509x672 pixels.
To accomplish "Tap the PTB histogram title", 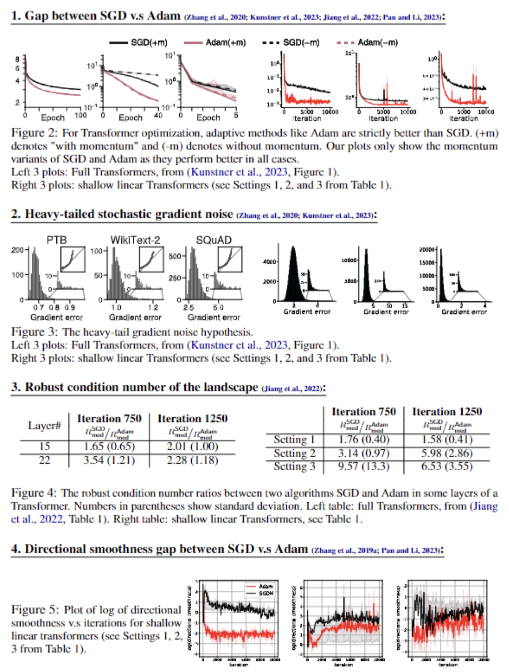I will pyautogui.click(x=57, y=240).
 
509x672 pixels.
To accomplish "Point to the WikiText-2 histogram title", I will pyautogui.click(x=135, y=240).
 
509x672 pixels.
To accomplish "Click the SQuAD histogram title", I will pyautogui.click(x=214, y=240).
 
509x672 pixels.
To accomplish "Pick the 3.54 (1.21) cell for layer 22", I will pyautogui.click(x=109, y=460).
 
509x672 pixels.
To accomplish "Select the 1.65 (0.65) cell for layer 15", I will pyautogui.click(x=109, y=446).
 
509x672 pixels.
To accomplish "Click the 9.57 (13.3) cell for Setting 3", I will pyautogui.click(x=364, y=467).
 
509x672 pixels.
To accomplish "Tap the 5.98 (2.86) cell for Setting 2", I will pyautogui.click(x=447, y=453).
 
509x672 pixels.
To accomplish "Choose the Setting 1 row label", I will pyautogui.click(x=294, y=440).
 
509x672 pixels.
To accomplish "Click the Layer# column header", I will pyautogui.click(x=45, y=425).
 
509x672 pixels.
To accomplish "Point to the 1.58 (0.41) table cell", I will pyautogui.click(x=447, y=440).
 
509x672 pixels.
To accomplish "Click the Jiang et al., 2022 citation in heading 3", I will pyautogui.click(x=293, y=388).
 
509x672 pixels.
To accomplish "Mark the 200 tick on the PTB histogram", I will pyautogui.click(x=17, y=250).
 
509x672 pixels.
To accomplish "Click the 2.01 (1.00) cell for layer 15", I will pyautogui.click(x=192, y=446).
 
